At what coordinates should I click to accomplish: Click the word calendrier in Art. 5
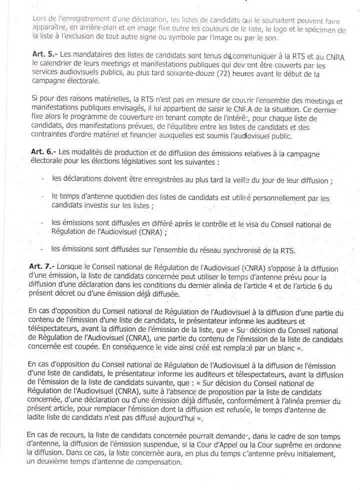click(x=50, y=65)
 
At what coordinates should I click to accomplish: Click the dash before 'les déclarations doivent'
click(x=43, y=179)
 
